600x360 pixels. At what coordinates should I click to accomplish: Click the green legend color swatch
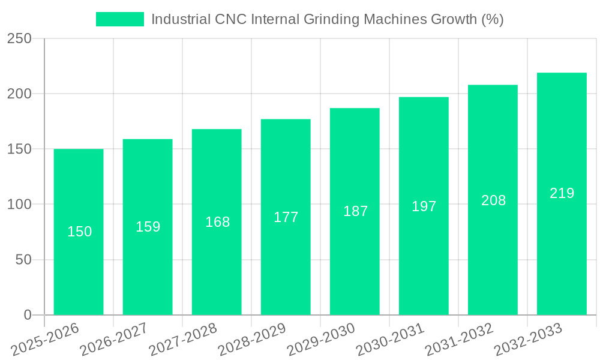tap(120, 19)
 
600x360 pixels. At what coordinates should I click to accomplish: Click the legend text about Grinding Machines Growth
tap(327, 19)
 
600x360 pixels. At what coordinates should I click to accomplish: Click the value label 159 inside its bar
tap(148, 227)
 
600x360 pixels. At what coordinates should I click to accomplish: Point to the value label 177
tap(286, 217)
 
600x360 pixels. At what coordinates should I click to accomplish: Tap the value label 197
tap(424, 206)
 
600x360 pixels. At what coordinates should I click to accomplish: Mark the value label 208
tap(493, 200)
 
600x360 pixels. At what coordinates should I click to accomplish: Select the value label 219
tap(562, 193)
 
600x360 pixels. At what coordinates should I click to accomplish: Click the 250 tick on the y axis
tap(19, 38)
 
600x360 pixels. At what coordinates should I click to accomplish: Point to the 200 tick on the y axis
tap(19, 94)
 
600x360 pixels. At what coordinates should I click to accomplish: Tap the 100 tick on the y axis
tap(19, 205)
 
